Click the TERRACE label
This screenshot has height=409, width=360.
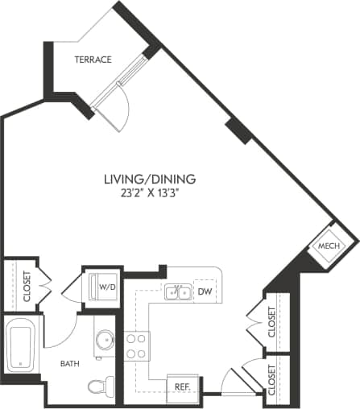[x=93, y=60]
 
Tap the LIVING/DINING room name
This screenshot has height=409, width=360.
[x=150, y=178]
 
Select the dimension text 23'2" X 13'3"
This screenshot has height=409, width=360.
[x=150, y=193]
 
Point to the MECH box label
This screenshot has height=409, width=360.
[x=326, y=246]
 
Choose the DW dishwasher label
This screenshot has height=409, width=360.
[x=205, y=291]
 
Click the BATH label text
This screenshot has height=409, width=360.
[x=70, y=363]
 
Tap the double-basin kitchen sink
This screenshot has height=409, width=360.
[x=178, y=291]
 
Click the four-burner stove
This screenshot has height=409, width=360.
[x=136, y=346]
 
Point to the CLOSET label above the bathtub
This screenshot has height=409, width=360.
[x=27, y=285]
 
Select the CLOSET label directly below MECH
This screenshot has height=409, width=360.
[x=272, y=322]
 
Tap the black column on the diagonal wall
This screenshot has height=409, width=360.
[x=239, y=129]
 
